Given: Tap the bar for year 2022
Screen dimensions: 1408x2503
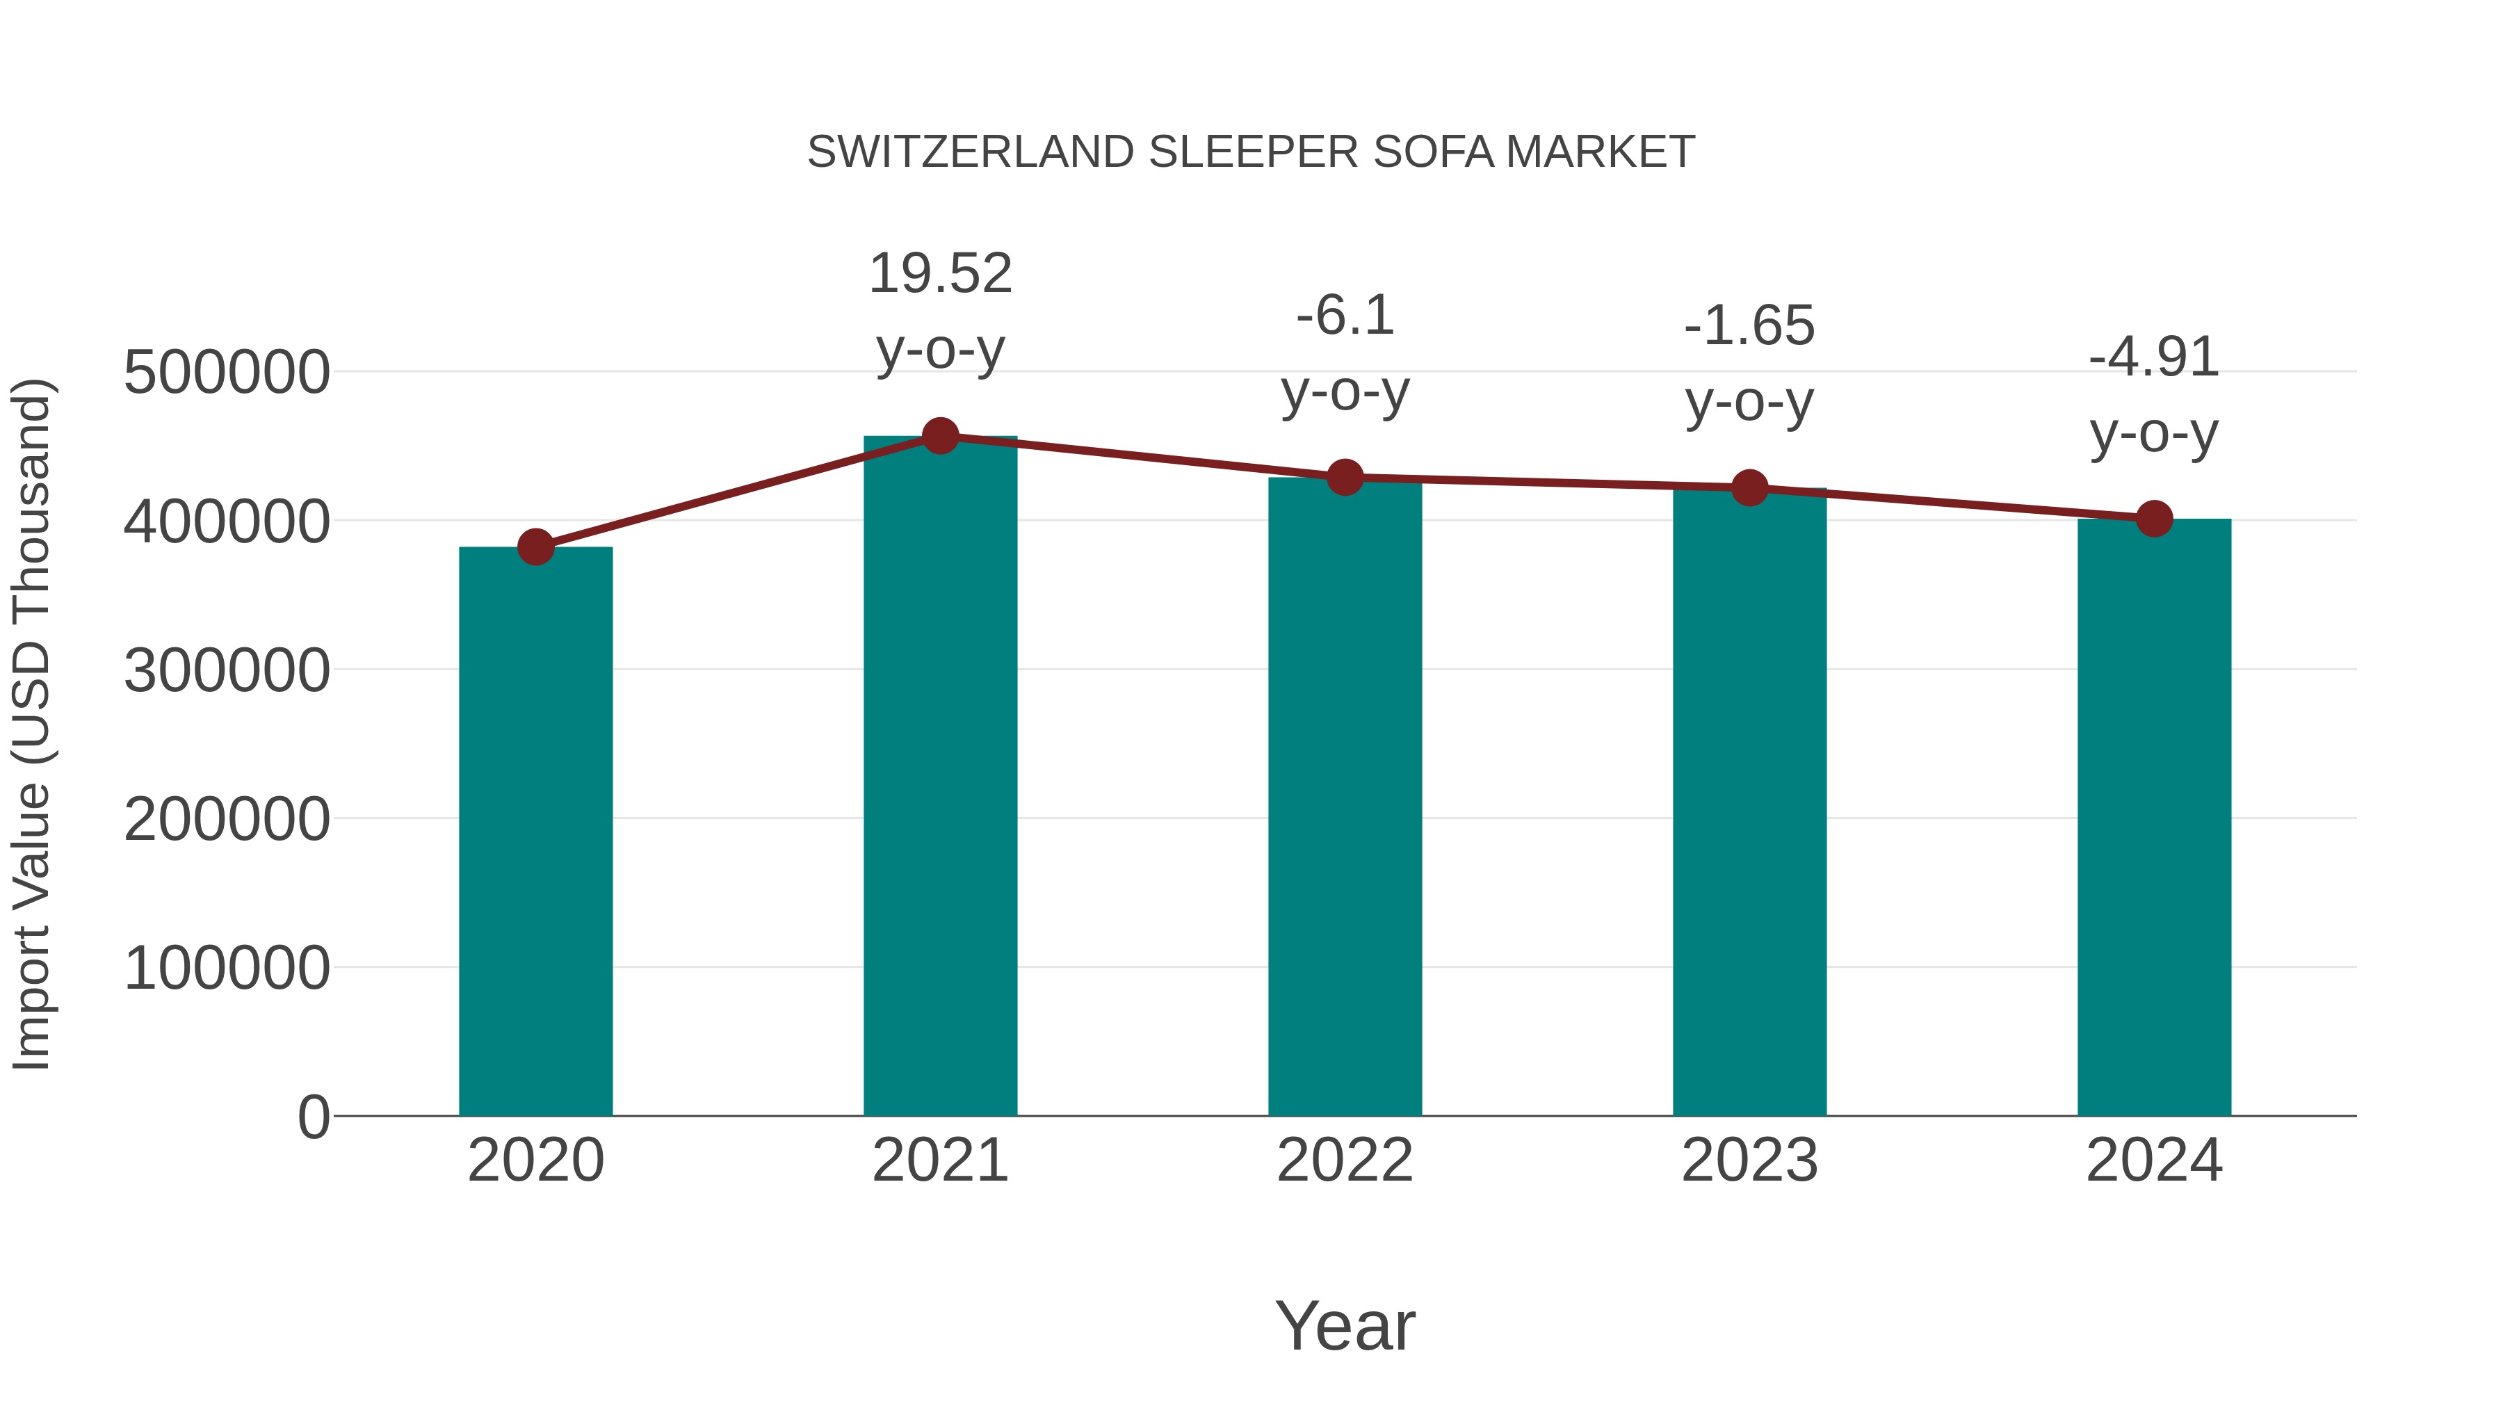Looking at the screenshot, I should [1345, 796].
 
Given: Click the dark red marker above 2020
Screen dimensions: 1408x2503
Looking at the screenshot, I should [535, 547].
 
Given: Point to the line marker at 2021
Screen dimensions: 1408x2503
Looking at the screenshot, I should [939, 436].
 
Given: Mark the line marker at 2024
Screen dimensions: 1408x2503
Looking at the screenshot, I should [2154, 519].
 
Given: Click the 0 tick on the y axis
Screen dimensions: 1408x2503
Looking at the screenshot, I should [314, 1117].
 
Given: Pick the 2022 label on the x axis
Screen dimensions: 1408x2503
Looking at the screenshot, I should [1345, 1160].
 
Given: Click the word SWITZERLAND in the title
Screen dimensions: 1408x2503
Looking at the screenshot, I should [971, 152].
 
